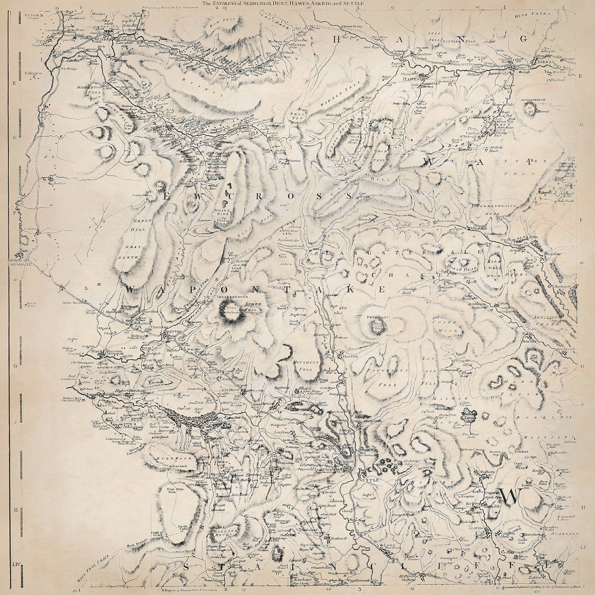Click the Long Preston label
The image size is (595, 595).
coord(394,546)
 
